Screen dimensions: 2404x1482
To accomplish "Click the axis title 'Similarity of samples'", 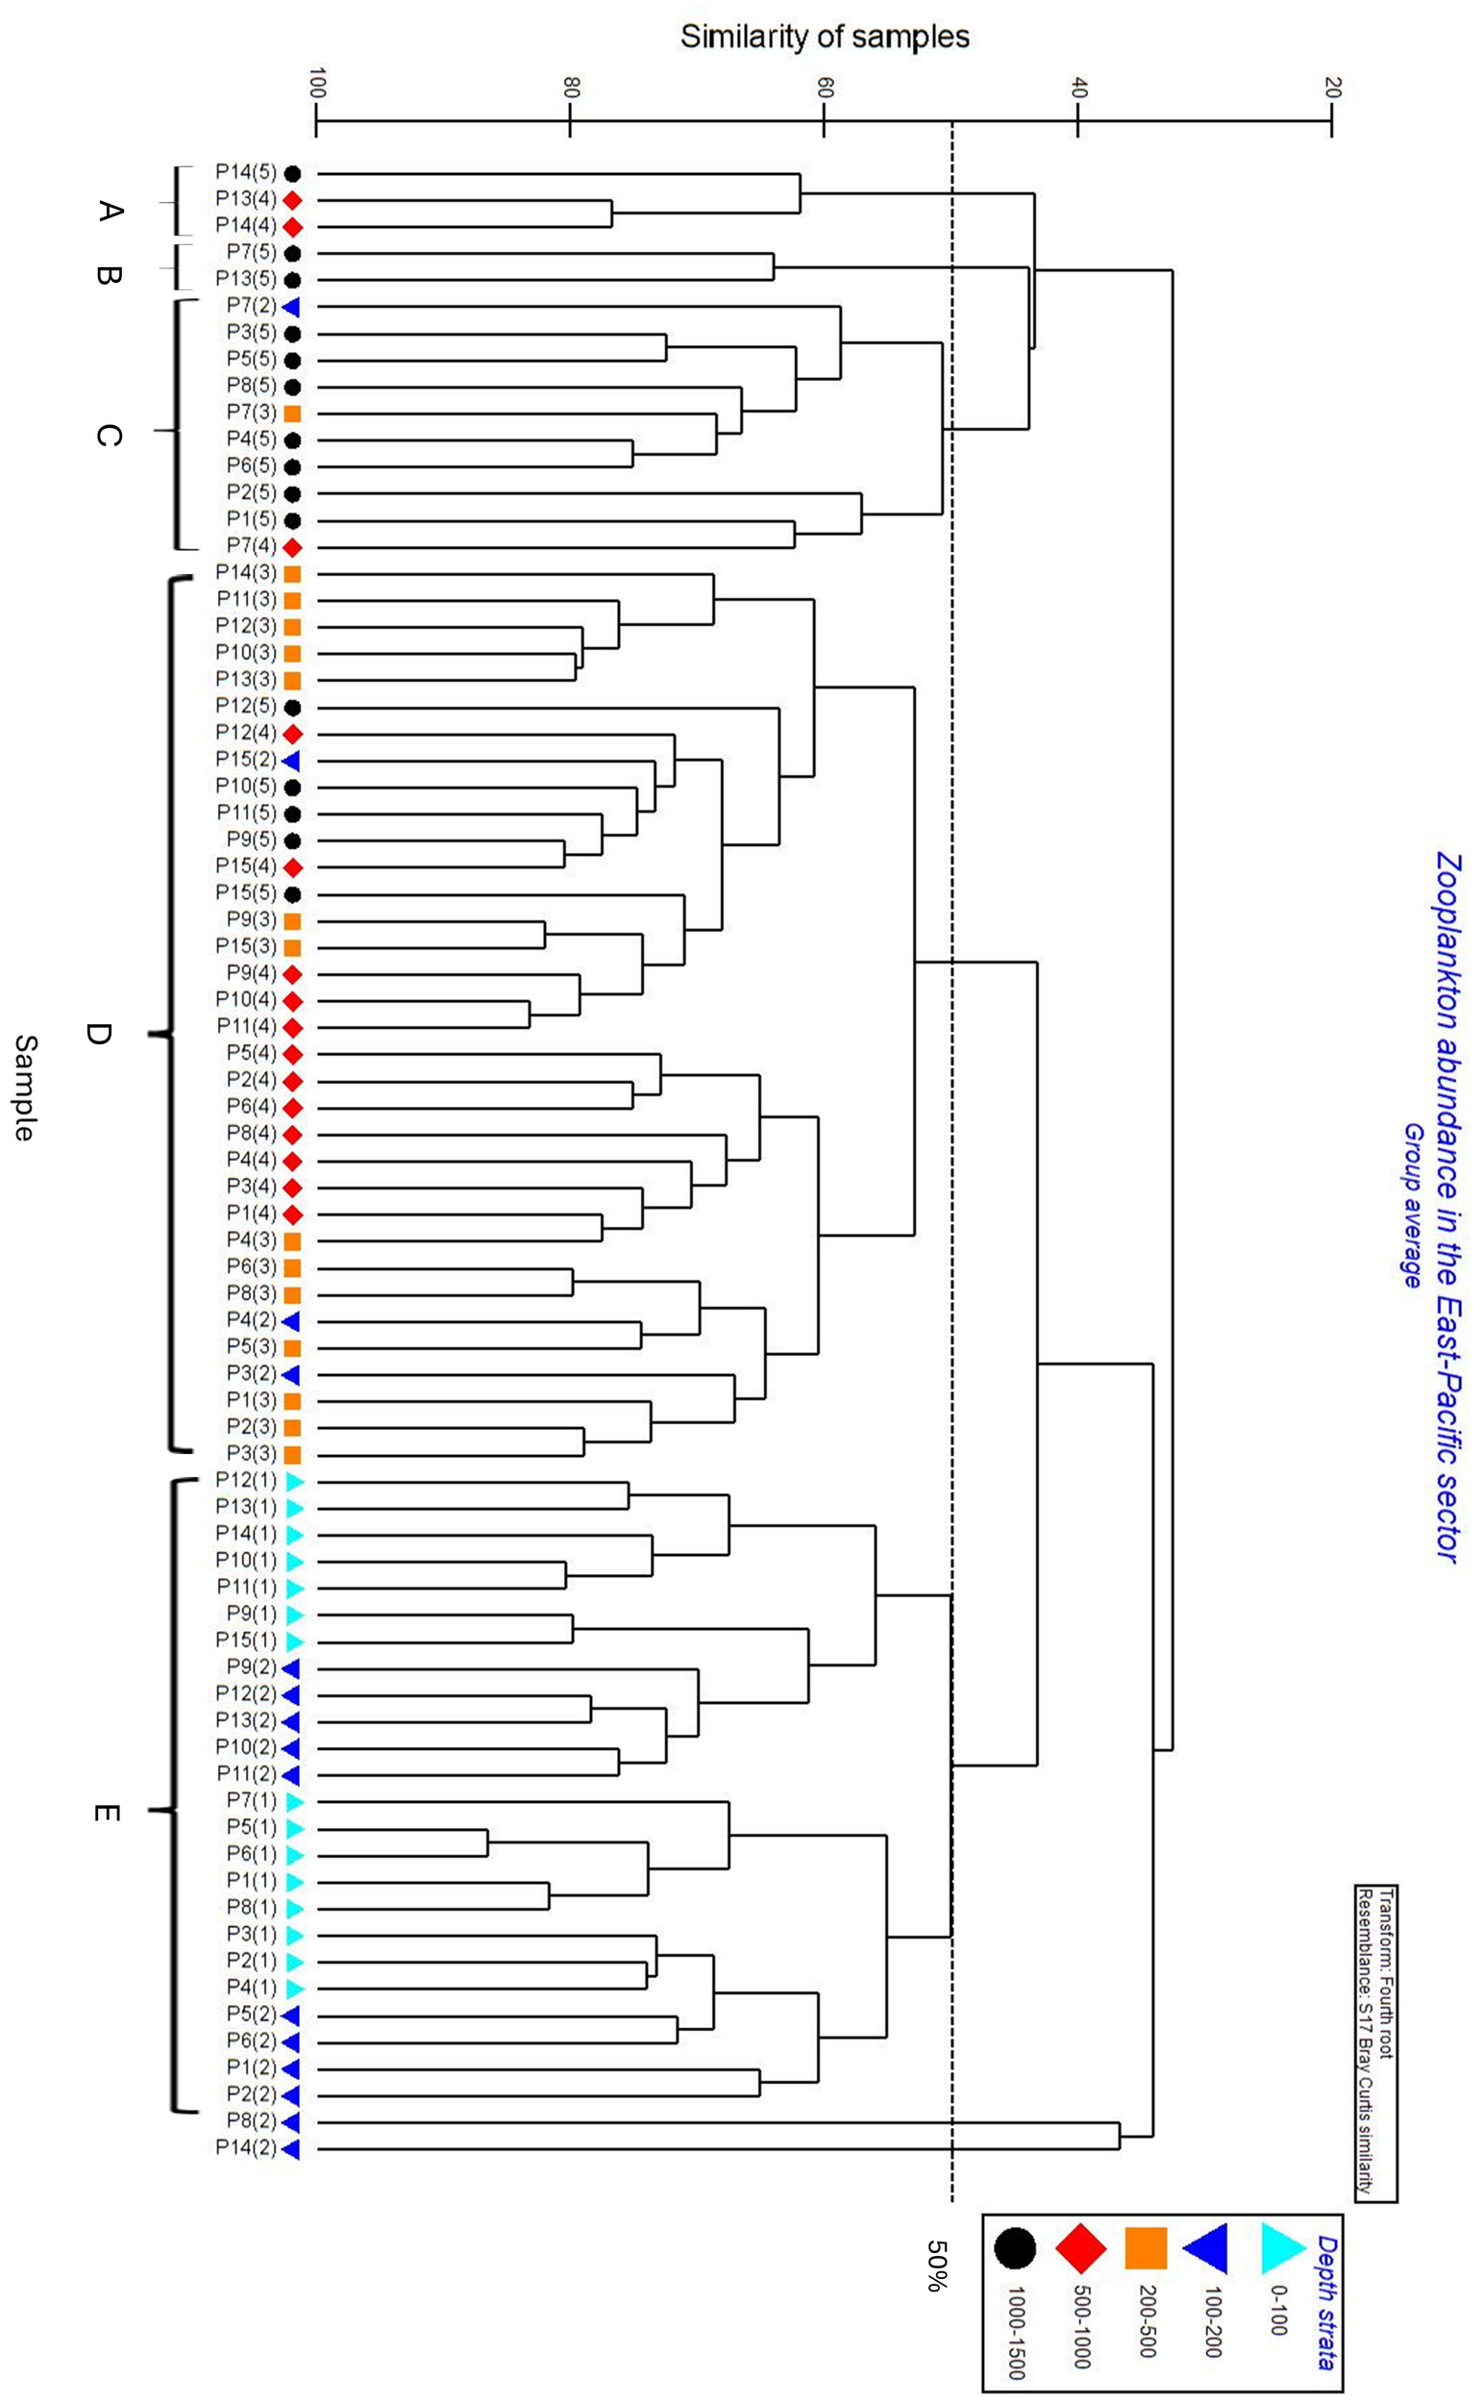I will pos(825,38).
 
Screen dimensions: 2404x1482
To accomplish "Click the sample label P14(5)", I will pos(246,172).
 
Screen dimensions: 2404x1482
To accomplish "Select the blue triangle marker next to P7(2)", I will pos(290,307).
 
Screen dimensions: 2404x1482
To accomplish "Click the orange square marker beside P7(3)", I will pos(291,413).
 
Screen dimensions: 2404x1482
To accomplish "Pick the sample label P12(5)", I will pos(246,706).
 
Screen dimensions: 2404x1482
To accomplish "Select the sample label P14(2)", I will pos(246,2148).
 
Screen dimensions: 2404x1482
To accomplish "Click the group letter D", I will pos(98,1034).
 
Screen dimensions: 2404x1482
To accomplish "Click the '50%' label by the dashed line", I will pos(935,2265).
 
